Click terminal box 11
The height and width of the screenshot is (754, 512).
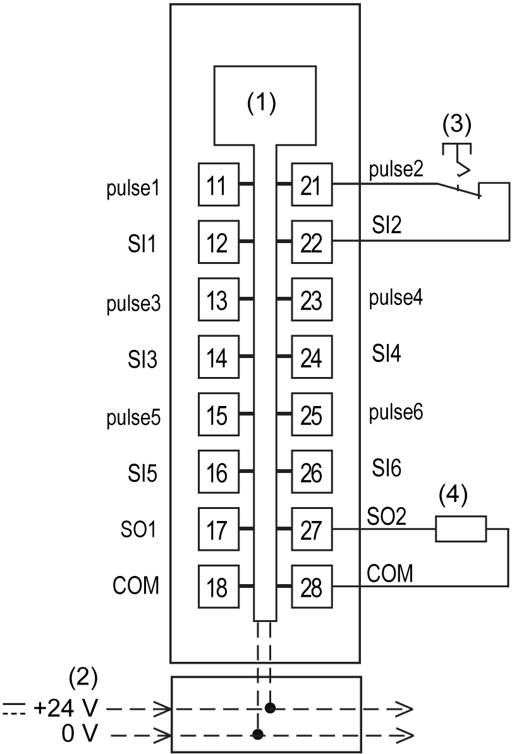219,184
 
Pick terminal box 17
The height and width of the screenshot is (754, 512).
219,529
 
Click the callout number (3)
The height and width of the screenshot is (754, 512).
456,124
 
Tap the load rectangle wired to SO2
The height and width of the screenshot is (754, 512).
461,529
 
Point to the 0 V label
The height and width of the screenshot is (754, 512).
80,734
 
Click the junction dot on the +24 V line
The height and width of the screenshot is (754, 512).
271,709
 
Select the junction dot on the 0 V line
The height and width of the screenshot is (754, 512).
258,734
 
